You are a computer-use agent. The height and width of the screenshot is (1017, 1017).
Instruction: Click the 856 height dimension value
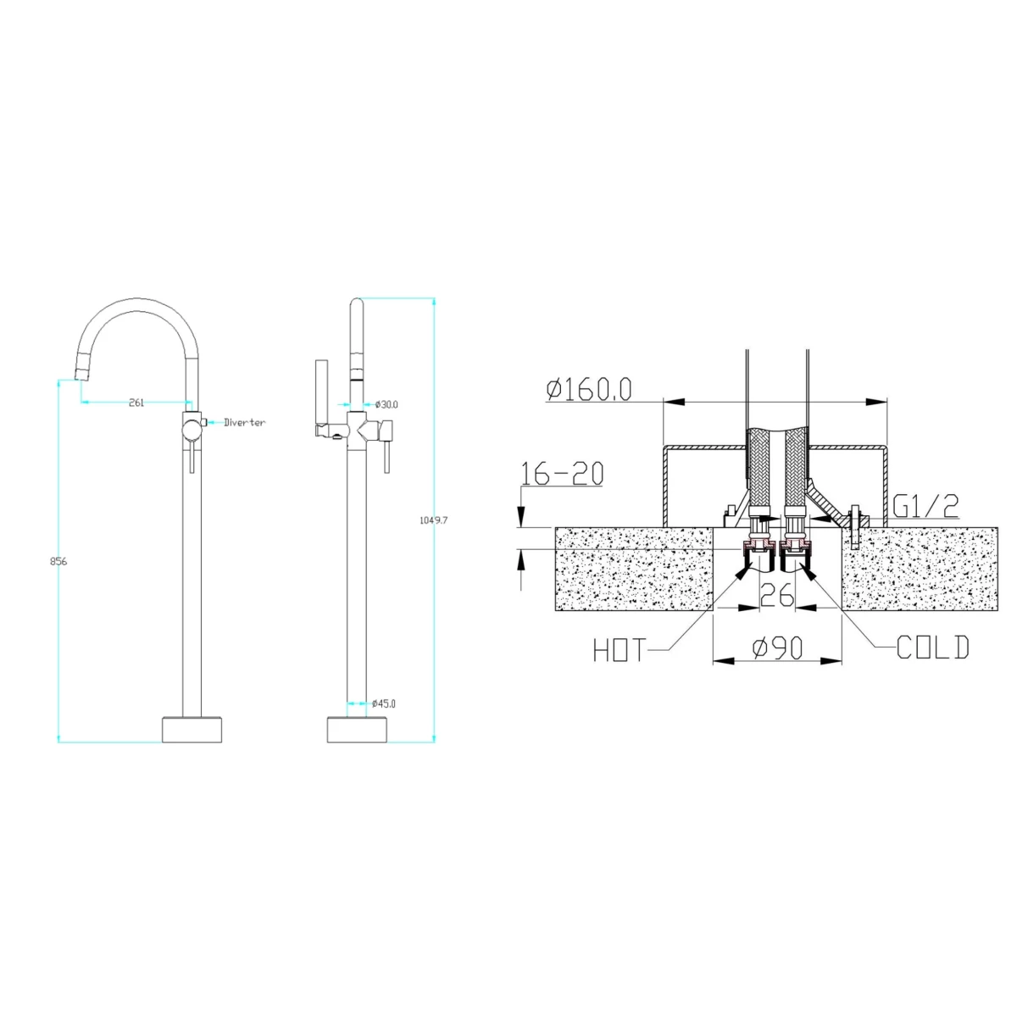pyautogui.click(x=58, y=562)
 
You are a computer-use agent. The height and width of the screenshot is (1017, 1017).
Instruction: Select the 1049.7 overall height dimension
pyautogui.click(x=433, y=520)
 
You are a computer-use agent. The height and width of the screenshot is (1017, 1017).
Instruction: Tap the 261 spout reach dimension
pyautogui.click(x=136, y=403)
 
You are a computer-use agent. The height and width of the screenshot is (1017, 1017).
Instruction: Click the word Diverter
pyautogui.click(x=244, y=422)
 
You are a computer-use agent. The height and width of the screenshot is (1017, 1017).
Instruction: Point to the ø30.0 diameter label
pyautogui.click(x=386, y=405)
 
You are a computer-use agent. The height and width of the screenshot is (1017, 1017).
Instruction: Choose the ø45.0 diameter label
pyautogui.click(x=384, y=703)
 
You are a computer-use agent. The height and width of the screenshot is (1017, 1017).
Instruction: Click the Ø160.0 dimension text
pyautogui.click(x=589, y=390)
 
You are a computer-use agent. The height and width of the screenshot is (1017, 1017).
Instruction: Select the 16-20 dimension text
pyautogui.click(x=562, y=473)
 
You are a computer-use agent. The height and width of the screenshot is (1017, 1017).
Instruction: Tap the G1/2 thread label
pyautogui.click(x=925, y=507)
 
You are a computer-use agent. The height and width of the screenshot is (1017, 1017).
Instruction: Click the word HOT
pyautogui.click(x=620, y=650)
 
